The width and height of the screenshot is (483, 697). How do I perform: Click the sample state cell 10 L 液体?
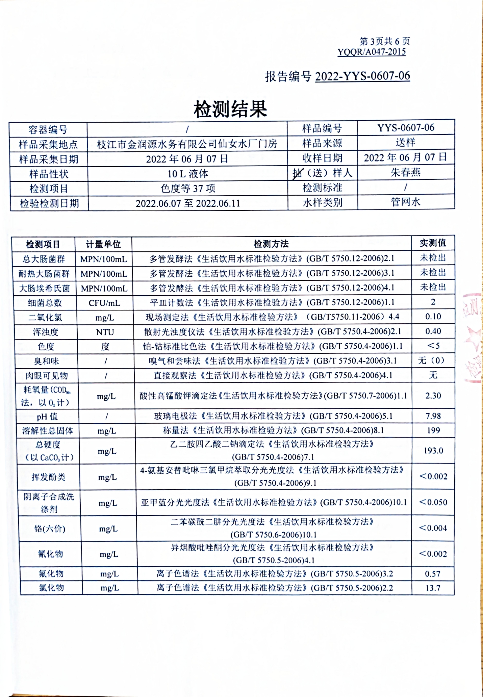[188, 174]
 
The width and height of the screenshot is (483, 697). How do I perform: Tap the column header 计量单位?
[103, 244]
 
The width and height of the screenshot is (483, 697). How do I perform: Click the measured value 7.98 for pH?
[433, 416]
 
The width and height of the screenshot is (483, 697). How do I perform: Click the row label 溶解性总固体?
[48, 431]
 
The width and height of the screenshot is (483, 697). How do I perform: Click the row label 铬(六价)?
[50, 529]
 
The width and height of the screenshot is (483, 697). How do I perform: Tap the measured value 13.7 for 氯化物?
[433, 588]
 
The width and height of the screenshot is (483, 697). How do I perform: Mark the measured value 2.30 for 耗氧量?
[433, 396]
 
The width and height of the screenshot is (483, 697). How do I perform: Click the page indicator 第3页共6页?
[384, 41]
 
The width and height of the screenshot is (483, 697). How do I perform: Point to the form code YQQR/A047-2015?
[372, 52]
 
